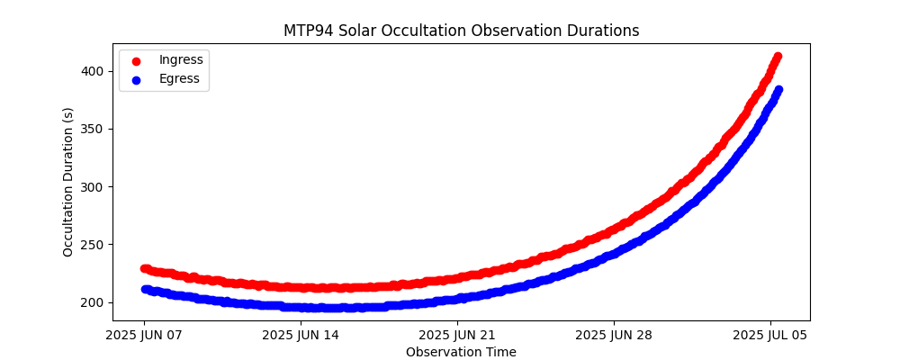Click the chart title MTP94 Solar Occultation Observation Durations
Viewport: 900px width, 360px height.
(461, 31)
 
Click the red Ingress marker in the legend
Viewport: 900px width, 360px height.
(137, 60)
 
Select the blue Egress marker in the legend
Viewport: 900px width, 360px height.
(137, 79)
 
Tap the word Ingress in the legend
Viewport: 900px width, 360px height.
(181, 59)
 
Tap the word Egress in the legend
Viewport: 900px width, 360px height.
(180, 79)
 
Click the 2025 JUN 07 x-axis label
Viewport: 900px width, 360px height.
(144, 335)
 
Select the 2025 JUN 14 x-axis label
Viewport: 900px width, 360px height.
(301, 335)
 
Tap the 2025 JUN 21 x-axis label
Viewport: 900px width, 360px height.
(457, 335)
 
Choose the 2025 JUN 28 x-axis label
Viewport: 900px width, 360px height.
(614, 335)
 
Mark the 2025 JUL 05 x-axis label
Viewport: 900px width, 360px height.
(770, 335)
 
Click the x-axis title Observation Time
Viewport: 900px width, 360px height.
(461, 352)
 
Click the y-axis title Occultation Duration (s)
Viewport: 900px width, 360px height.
(68, 182)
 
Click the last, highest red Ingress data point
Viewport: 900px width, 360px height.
(778, 57)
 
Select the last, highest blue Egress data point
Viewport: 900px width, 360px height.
(778, 90)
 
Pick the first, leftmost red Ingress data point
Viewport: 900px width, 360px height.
(145, 268)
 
